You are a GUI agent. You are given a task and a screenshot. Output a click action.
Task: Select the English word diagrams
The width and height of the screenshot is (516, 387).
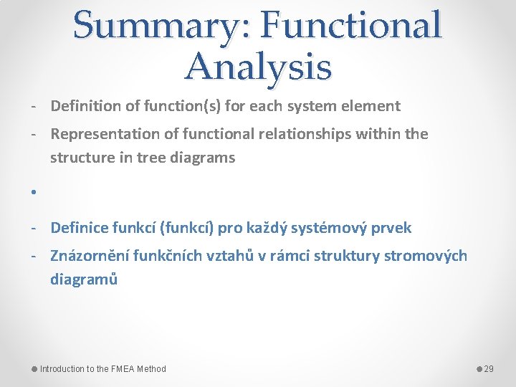pyautogui.click(x=203, y=158)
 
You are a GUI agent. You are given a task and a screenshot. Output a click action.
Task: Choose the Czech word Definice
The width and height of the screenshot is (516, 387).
pyautogui.click(x=79, y=228)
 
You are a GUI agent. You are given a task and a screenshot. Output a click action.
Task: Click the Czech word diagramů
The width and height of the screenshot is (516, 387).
pyautogui.click(x=83, y=279)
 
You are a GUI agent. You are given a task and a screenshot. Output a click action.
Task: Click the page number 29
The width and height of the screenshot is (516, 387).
pyautogui.click(x=489, y=369)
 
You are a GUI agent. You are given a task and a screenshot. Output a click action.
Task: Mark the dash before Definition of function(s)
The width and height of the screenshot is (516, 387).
pyautogui.click(x=34, y=106)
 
